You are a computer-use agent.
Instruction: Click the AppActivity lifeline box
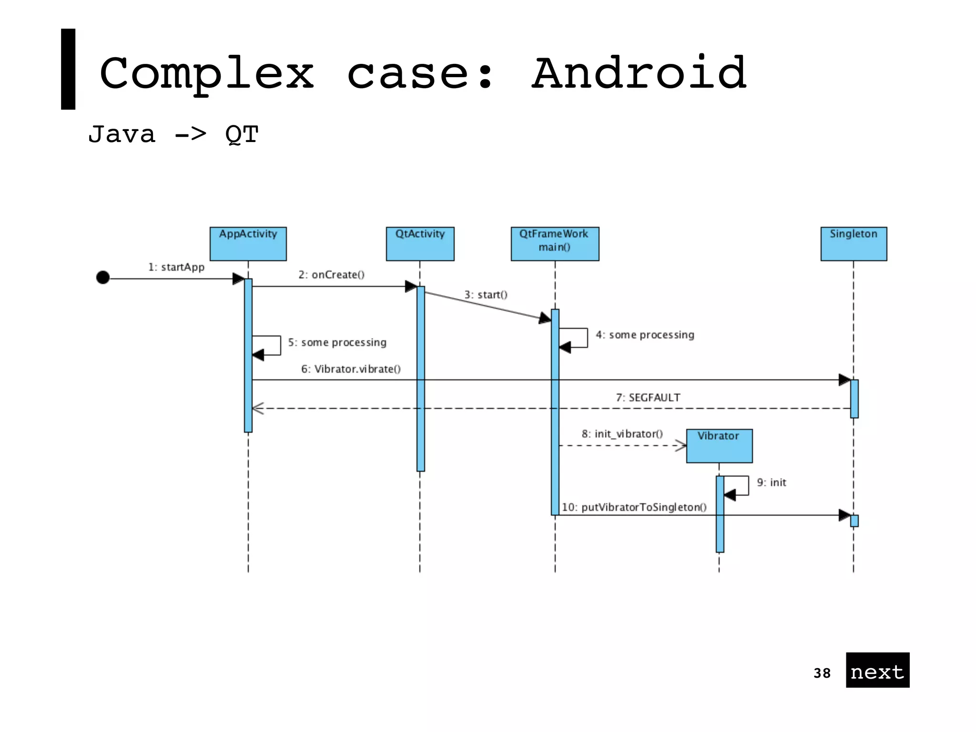click(x=248, y=244)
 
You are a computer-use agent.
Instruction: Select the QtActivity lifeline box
click(x=420, y=244)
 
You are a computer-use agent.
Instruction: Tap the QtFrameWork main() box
click(x=555, y=244)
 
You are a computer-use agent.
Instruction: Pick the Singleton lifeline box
click(x=854, y=244)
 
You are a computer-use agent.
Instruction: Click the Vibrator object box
click(x=719, y=446)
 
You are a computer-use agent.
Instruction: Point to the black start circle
click(x=103, y=277)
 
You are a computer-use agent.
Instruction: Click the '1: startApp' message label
click(x=176, y=267)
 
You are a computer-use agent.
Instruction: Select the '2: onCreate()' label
click(x=331, y=275)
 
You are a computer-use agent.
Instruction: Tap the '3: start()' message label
click(x=486, y=295)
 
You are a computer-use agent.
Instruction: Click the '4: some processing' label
click(x=645, y=335)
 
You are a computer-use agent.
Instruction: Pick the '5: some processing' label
click(x=337, y=343)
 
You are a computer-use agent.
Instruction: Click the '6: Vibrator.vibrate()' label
click(x=351, y=369)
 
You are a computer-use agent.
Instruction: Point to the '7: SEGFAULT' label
click(x=648, y=398)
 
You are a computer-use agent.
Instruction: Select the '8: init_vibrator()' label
click(x=622, y=434)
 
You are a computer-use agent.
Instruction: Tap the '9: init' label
click(x=772, y=483)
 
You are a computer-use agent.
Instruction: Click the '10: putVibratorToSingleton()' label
click(x=634, y=508)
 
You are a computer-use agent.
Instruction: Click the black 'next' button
click(x=877, y=670)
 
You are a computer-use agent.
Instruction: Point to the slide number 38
click(x=822, y=673)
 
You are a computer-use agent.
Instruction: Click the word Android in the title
click(x=639, y=74)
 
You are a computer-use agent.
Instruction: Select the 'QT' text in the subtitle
click(x=242, y=135)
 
